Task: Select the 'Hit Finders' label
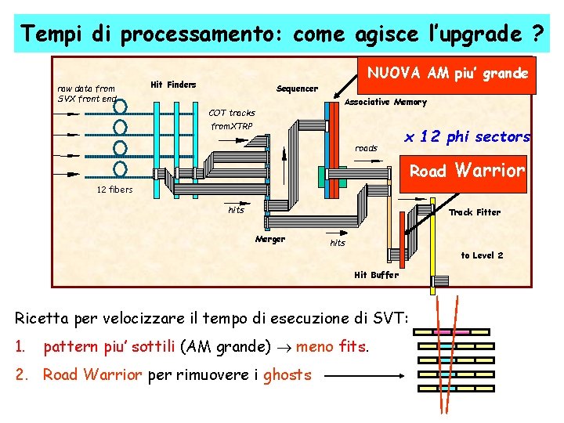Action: tap(173, 85)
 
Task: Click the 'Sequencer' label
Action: tap(297, 89)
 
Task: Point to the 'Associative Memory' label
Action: tap(386, 102)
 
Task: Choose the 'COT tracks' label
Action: tap(231, 114)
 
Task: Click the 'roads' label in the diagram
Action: tap(366, 148)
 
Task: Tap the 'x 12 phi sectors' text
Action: tap(467, 137)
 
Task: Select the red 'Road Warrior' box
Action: tap(467, 170)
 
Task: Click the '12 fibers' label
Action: tap(114, 190)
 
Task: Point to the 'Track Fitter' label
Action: tap(474, 212)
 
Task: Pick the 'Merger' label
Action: tap(270, 239)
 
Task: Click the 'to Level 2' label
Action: tap(482, 255)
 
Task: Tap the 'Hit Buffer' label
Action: tap(376, 275)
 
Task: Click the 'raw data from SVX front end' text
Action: tap(86, 93)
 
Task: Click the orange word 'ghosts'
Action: tap(287, 375)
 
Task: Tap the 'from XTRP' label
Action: tap(230, 127)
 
